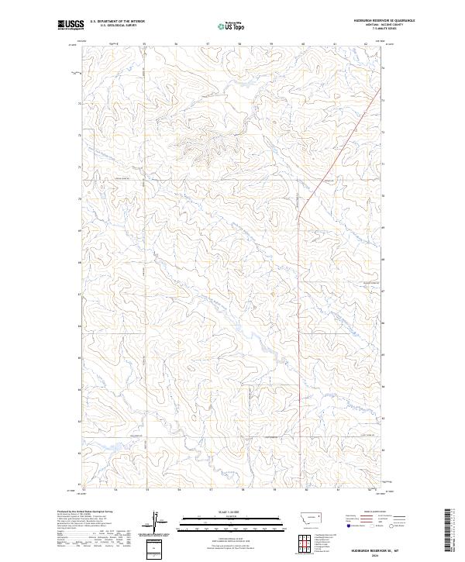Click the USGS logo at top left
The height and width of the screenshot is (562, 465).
(x=71, y=25)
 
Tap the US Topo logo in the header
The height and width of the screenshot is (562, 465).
(x=232, y=25)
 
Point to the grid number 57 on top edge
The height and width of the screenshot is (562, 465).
(x=208, y=43)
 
